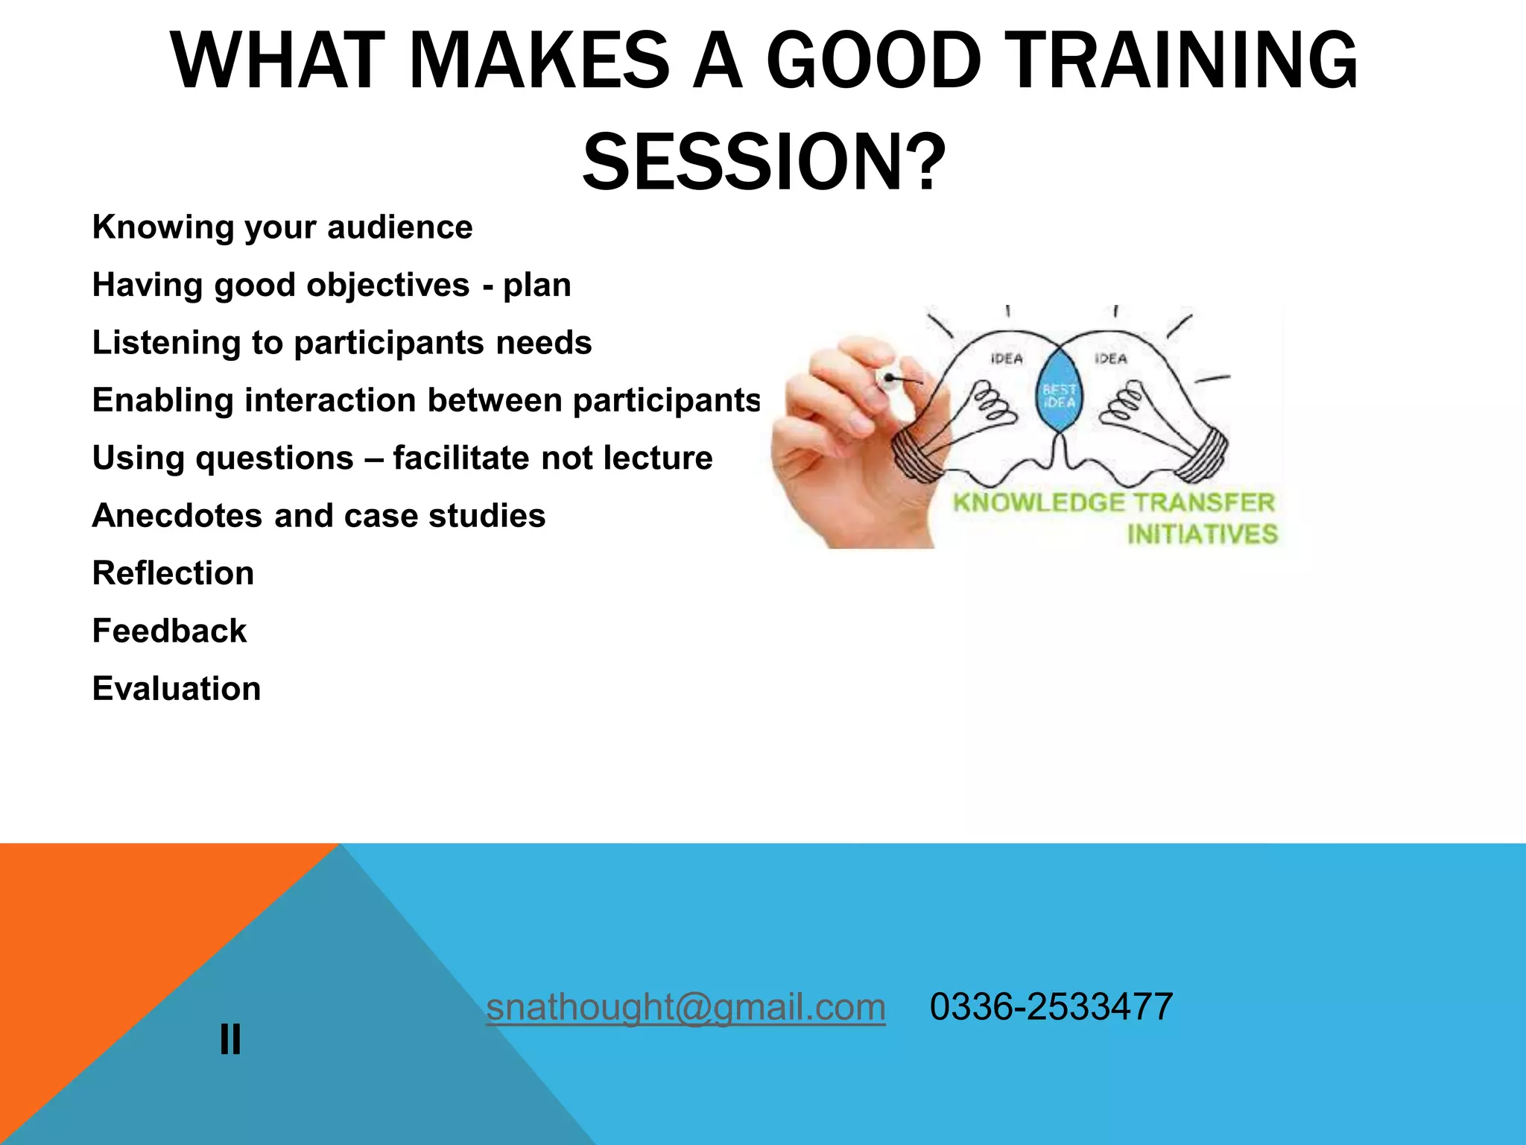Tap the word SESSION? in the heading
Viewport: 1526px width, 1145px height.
(x=763, y=162)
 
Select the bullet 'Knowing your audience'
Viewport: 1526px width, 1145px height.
(x=282, y=227)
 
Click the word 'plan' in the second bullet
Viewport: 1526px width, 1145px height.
(x=536, y=285)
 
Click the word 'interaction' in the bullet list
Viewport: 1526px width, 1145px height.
(x=330, y=400)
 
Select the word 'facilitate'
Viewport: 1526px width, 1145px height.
(x=461, y=458)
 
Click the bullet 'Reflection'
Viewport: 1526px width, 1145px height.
(x=173, y=573)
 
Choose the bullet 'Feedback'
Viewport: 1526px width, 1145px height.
(x=169, y=631)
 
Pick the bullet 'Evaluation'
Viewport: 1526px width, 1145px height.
(x=177, y=689)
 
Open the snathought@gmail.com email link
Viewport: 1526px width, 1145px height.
(x=686, y=1007)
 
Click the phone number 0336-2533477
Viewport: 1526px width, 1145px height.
(x=1051, y=1007)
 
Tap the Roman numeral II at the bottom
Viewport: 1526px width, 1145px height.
(x=230, y=1039)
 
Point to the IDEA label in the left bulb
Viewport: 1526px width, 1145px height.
(x=1007, y=359)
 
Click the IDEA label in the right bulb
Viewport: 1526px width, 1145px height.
(x=1110, y=359)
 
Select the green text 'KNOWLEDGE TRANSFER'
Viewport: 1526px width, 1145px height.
(x=1114, y=502)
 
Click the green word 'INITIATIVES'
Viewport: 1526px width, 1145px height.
(x=1202, y=534)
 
